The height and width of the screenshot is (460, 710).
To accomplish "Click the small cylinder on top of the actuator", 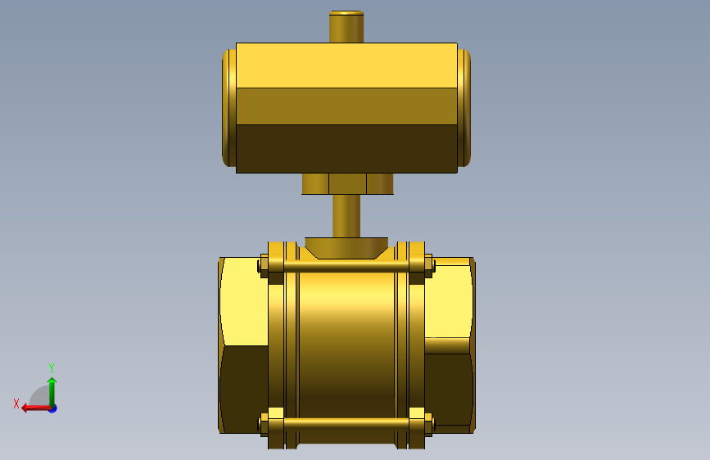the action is (x=346, y=27).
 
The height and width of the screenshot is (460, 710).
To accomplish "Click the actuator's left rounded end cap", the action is (x=229, y=108).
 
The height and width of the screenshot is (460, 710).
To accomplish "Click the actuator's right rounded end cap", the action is (x=464, y=108).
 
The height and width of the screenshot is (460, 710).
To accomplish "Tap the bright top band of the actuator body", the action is (x=346, y=65).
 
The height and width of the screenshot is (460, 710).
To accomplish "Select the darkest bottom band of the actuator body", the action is (x=346, y=149).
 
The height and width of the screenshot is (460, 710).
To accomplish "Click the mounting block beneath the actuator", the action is (x=347, y=184).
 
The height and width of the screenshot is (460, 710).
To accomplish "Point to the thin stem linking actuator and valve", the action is (x=346, y=216).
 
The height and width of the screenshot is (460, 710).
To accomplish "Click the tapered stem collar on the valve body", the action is (x=346, y=248).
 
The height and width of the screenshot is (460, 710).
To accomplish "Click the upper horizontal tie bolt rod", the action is (x=346, y=265).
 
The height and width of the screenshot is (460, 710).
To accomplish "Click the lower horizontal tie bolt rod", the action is (x=346, y=424).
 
